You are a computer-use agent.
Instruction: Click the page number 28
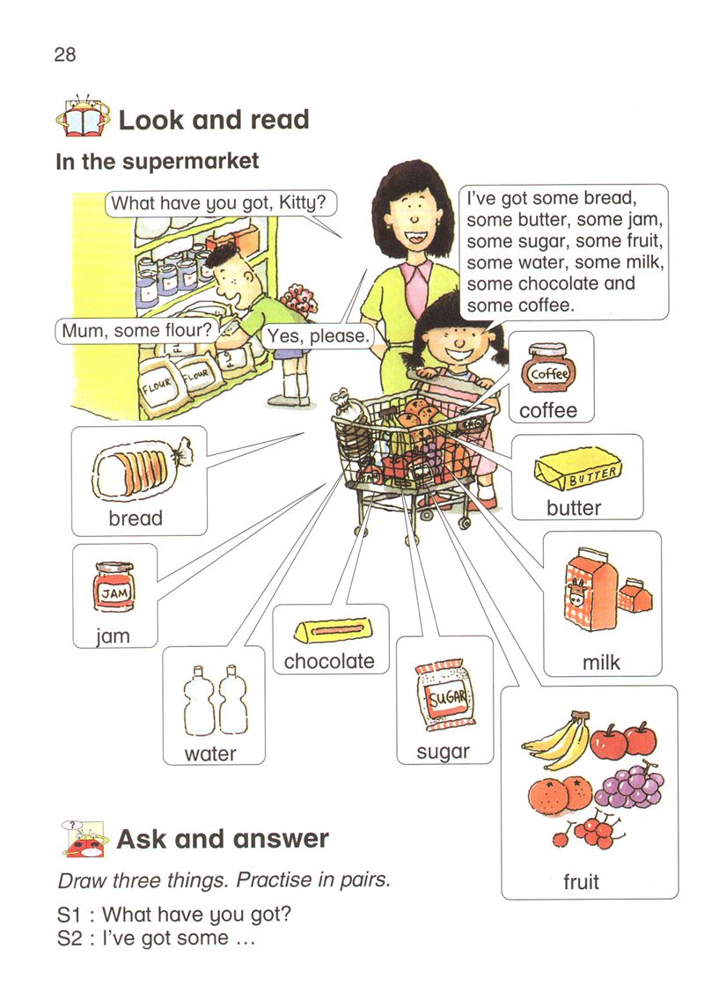65,55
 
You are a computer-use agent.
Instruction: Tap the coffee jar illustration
548,367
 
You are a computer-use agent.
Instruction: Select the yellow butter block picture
578,469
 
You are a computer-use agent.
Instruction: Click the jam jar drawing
114,587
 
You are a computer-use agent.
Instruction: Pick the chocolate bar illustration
333,630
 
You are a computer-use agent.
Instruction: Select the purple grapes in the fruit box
629,785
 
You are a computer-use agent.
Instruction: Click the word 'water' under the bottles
210,753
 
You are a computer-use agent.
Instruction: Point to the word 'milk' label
601,662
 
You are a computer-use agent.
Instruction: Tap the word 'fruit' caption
582,882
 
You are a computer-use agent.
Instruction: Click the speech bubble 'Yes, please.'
318,336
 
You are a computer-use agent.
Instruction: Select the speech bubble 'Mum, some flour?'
136,331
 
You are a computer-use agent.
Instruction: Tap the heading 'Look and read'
214,120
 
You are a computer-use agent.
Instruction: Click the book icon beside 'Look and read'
82,115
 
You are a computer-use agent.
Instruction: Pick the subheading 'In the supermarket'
158,161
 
